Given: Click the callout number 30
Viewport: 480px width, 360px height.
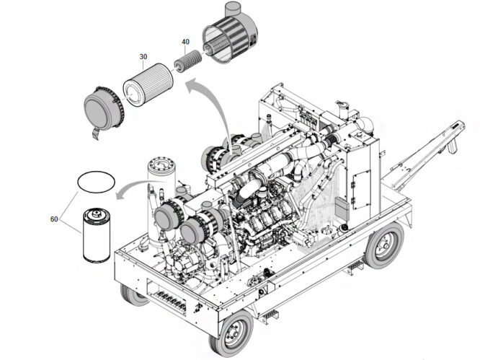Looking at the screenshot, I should [143, 56].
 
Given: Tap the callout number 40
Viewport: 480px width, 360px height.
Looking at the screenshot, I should [186, 42].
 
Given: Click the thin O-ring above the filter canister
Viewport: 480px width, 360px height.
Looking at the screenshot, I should [96, 181].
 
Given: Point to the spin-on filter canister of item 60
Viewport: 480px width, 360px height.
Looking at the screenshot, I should [95, 234].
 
